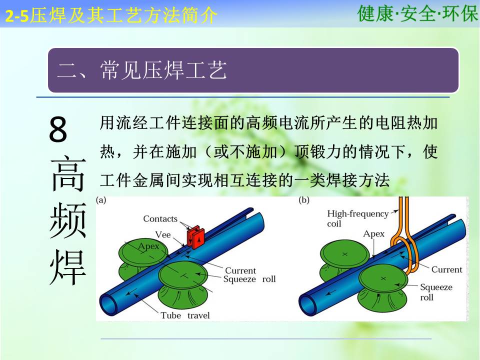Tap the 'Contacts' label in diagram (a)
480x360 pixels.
pos(160,219)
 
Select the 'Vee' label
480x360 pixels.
pos(163,235)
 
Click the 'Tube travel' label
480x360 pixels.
pos(185,315)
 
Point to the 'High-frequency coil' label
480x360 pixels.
pos(358,218)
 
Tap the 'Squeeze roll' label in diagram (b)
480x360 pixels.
pos(436,292)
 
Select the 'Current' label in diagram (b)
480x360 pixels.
pos(446,269)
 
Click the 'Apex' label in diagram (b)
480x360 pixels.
pos(373,234)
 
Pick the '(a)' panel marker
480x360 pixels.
pos(101,200)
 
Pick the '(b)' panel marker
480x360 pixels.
pos(304,200)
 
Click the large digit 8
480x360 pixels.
pos(58,129)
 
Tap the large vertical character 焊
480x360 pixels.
pos(67,267)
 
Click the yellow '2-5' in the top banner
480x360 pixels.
pos(17,16)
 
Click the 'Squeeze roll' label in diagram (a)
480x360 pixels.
pos(249,279)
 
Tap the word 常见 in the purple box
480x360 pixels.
pos(121,70)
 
